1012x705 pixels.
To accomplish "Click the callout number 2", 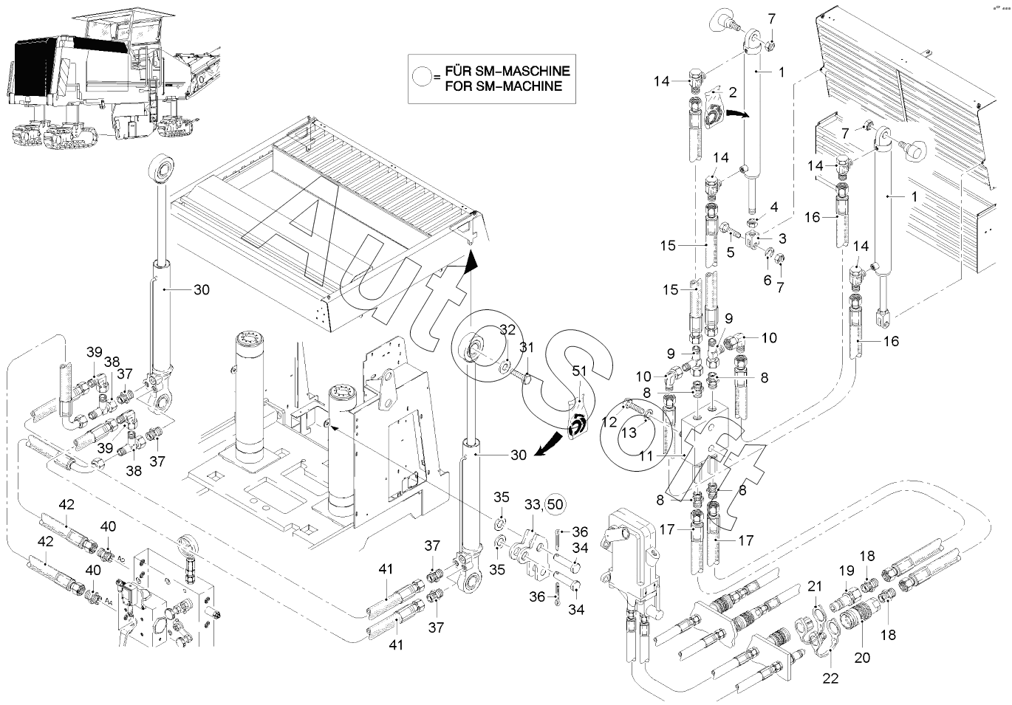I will [733, 92].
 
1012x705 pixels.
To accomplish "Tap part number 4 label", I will [774, 208].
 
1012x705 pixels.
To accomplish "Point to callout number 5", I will [730, 251].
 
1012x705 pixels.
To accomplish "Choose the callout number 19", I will [846, 570].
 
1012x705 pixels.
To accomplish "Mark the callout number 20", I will [862, 657].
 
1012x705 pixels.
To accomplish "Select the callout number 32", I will [507, 329].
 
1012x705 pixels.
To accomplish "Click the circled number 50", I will [555, 503].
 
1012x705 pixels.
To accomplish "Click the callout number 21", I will [815, 586].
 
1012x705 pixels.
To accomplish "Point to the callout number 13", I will [627, 433].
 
